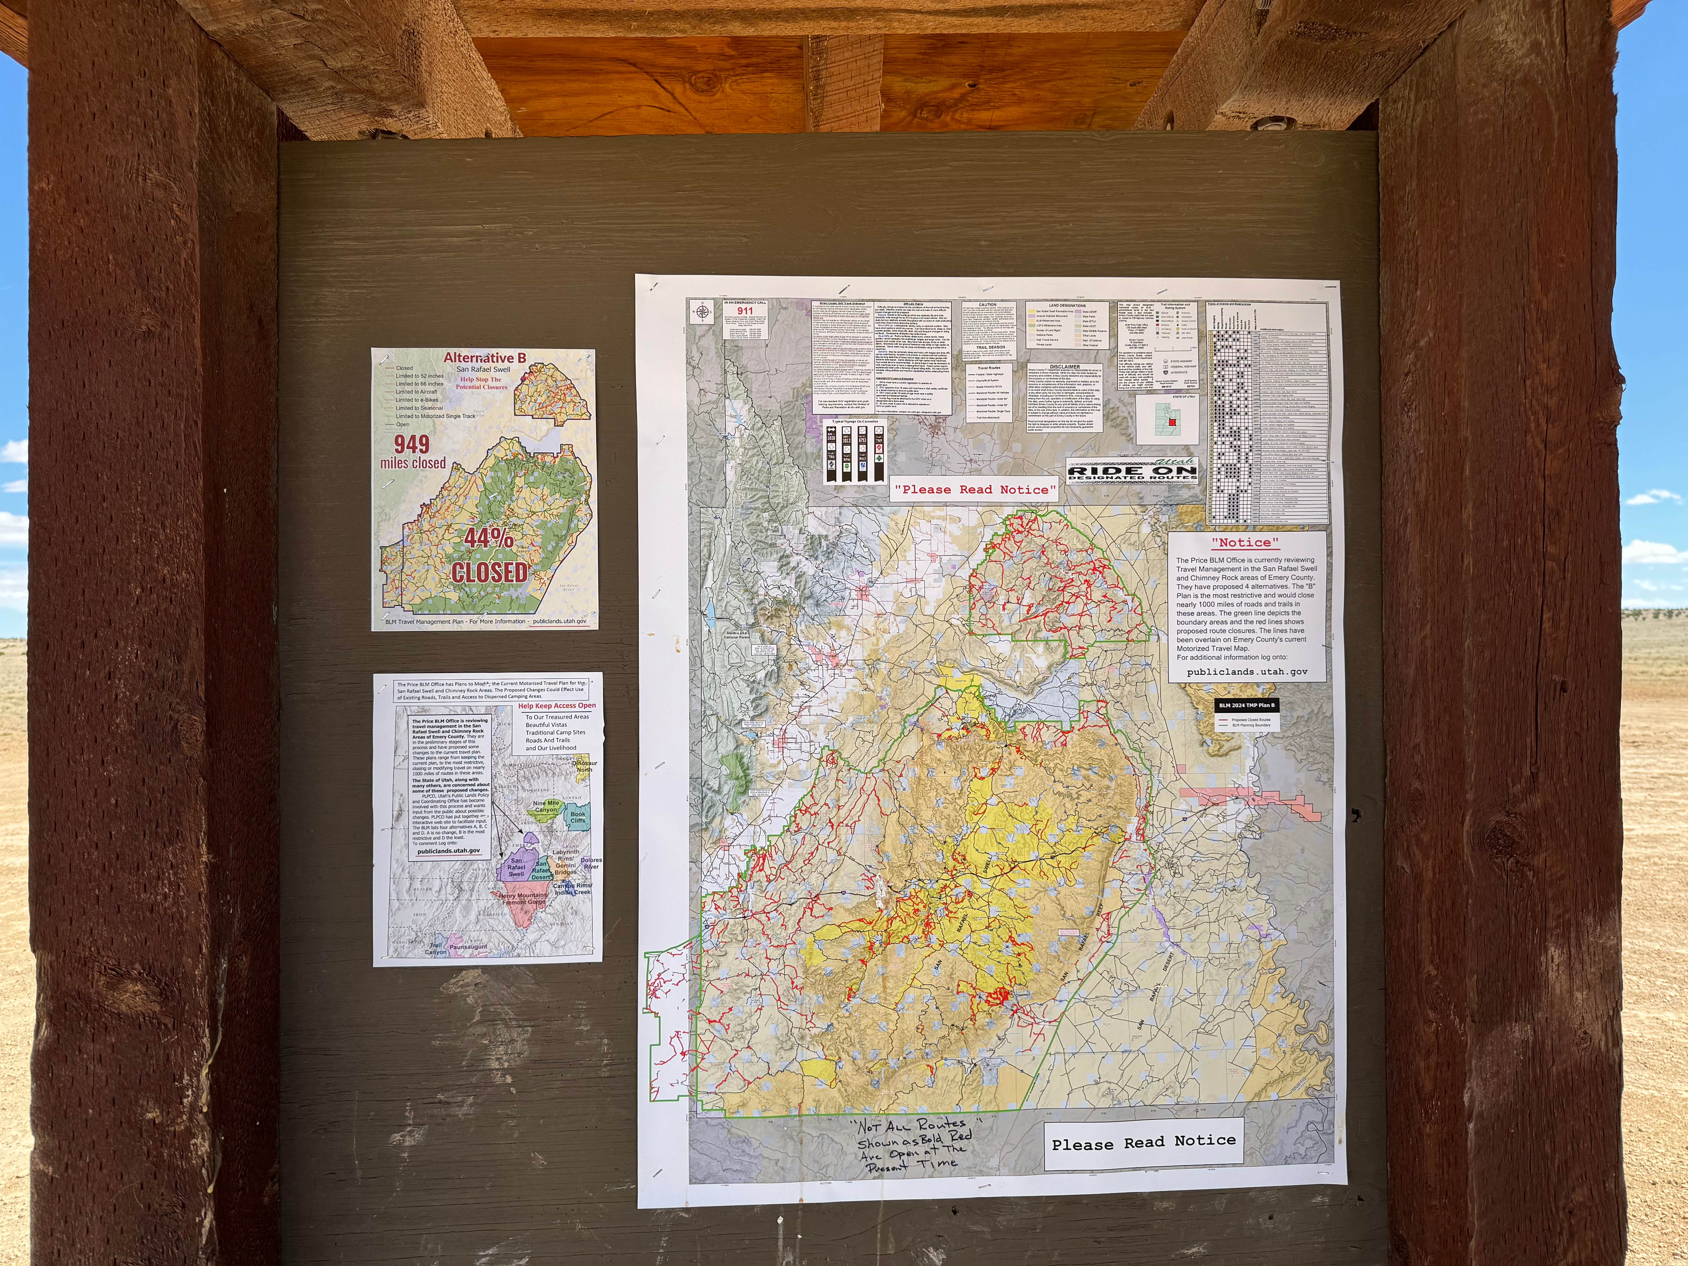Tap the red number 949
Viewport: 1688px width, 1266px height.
click(412, 444)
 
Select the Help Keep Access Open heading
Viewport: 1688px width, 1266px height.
click(557, 706)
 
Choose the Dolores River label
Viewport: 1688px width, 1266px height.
click(591, 863)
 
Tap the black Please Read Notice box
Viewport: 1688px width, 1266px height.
click(1143, 1142)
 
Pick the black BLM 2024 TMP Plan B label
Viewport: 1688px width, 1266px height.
click(1246, 705)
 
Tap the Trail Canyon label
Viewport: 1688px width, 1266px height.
click(436, 949)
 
